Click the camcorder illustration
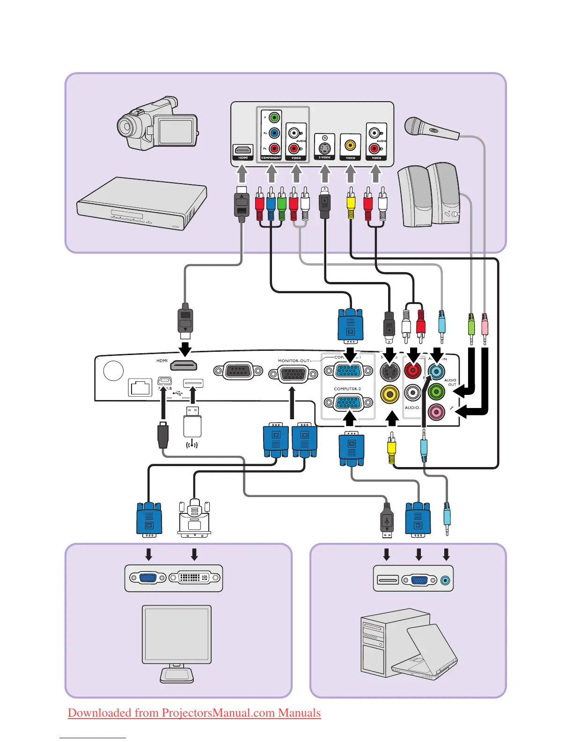click(x=157, y=124)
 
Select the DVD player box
click(x=142, y=202)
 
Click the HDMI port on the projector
click(x=183, y=365)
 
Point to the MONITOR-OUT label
click(x=294, y=361)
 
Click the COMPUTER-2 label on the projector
click(x=347, y=389)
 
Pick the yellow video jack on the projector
click(x=389, y=394)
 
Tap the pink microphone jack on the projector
click(x=436, y=412)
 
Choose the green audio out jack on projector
click(x=436, y=391)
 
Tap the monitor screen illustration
click(x=177, y=634)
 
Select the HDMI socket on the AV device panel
click(x=243, y=150)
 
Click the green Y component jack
click(x=274, y=118)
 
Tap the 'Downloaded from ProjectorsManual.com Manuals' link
click(x=194, y=713)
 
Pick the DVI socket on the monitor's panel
click(x=194, y=578)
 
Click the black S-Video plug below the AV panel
click(x=324, y=204)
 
